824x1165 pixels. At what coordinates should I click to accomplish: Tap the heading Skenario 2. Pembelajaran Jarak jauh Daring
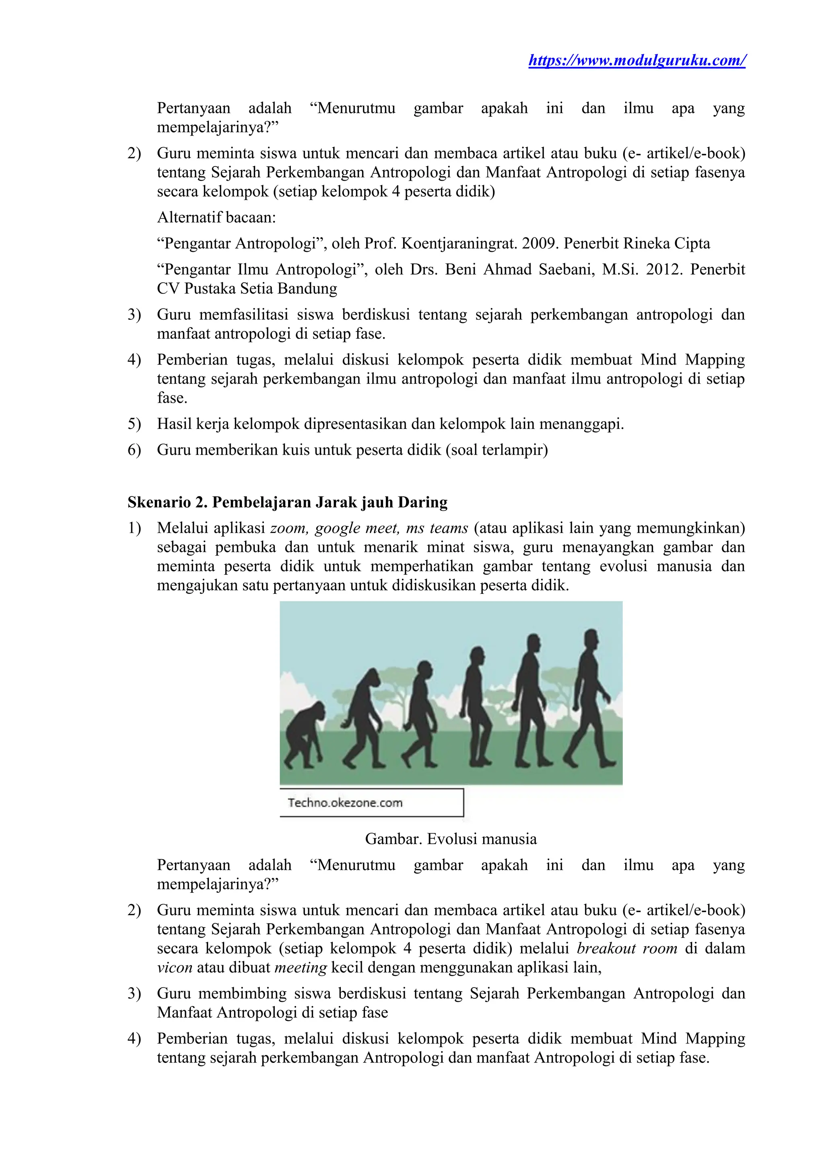287,502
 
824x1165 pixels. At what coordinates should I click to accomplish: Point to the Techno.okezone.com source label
345,803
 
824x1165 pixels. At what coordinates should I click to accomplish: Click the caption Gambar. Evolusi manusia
451,839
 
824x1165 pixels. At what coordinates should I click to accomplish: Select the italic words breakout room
626,948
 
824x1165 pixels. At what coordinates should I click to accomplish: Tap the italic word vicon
175,967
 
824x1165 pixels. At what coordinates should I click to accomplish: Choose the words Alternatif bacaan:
216,218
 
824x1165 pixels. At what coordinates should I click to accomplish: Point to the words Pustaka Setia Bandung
260,289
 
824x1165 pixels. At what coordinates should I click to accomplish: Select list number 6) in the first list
134,450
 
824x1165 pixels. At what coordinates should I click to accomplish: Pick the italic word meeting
301,967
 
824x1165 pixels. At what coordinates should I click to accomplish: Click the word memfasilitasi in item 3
243,315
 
